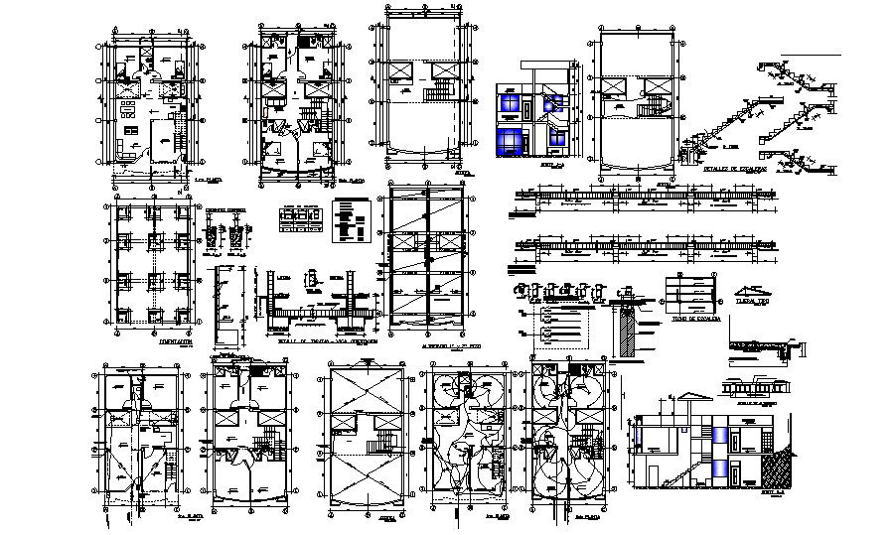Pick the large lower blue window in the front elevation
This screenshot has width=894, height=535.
(x=511, y=139)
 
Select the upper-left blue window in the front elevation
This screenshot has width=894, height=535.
(x=511, y=102)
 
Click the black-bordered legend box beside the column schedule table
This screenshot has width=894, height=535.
(x=345, y=219)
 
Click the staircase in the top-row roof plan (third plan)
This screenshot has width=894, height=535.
(x=438, y=95)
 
